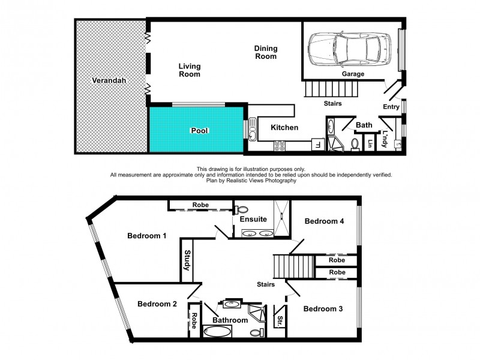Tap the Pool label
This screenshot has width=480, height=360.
[199, 130]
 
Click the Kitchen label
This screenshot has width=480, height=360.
[284, 128]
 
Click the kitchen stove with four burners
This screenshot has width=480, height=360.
[280, 145]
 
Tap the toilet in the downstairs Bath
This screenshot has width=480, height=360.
[355, 144]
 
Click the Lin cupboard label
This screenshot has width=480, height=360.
[370, 143]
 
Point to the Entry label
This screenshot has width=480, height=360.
[391, 107]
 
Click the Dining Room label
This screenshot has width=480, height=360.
[265, 52]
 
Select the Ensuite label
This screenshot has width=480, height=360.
[253, 219]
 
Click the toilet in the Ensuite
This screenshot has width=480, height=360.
[242, 209]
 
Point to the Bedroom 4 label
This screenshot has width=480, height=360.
[324, 221]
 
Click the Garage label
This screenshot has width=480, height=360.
[353, 74]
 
